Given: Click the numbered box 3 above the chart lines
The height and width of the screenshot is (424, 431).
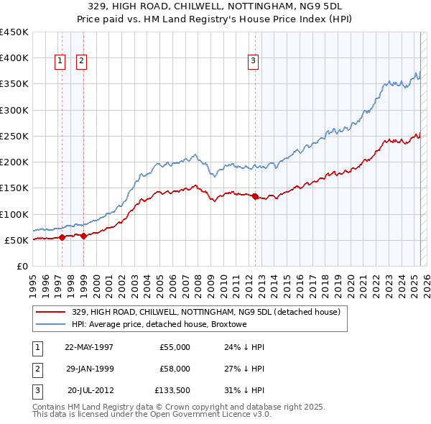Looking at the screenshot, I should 254,62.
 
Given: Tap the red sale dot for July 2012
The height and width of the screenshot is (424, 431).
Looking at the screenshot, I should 256,196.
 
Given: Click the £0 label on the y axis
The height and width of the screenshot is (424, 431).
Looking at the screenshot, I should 22,266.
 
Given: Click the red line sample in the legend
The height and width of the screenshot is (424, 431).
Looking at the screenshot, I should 50,312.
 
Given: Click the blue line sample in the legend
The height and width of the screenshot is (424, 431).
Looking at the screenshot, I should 50,324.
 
